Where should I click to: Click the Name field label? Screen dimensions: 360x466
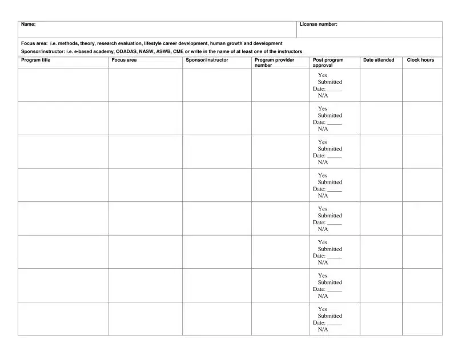coord(28,25)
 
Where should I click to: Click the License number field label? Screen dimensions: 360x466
coord(318,25)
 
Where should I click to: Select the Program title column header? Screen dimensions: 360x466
coord(35,60)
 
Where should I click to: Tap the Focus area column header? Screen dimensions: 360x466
coord(124,60)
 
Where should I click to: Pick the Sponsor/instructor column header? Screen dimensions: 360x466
coord(207,60)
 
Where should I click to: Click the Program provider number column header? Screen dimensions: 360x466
coord(274,62)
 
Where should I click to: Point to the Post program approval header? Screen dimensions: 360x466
coord(328,62)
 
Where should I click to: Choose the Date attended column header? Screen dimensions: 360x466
coord(379,60)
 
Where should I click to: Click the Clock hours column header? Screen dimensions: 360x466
coord(420,60)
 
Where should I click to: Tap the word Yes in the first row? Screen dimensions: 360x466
coord(323,75)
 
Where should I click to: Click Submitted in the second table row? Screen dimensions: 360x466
coord(330,115)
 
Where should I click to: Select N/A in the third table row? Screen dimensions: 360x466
coord(323,162)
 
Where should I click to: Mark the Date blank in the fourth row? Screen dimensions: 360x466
coord(335,189)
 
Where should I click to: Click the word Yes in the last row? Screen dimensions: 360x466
coord(323,309)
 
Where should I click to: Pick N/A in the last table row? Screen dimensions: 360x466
coord(323,329)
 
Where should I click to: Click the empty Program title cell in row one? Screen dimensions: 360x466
coord(63,84)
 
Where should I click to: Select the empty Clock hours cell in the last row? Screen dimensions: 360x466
coord(422,318)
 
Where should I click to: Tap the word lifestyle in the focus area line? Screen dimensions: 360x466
coord(154,43)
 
